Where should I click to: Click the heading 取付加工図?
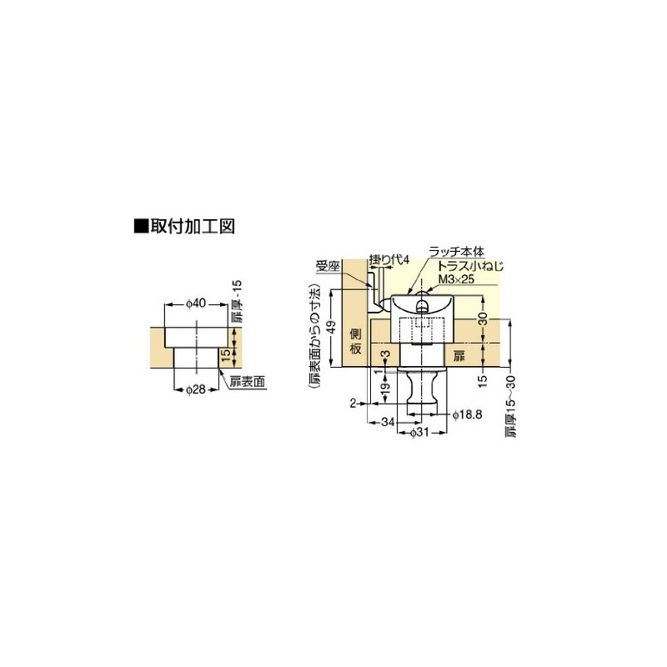pyautogui.click(x=195, y=226)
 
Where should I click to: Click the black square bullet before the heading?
pyautogui.click(x=140, y=226)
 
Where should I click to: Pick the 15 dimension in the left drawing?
pyautogui.click(x=224, y=357)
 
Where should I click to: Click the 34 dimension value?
pyautogui.click(x=388, y=422)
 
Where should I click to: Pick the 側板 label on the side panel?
pyautogui.click(x=355, y=341)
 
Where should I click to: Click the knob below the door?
pyautogui.click(x=424, y=388)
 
